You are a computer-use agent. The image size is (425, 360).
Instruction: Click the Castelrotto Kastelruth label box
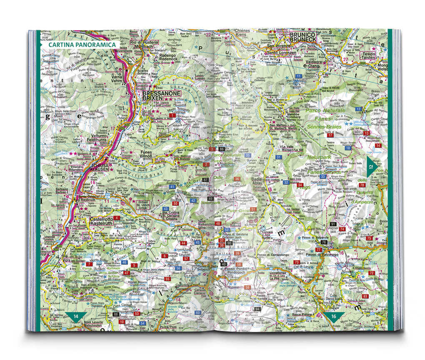pos(99,221)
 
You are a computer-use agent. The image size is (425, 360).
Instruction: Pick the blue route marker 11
pos(298,76)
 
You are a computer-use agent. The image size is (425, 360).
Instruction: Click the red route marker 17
pos(330,135)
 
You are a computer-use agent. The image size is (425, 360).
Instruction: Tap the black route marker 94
pos(257,309)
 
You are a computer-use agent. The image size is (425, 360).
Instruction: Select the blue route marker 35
pos(248,155)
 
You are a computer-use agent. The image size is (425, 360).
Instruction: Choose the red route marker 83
pos(365,296)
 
